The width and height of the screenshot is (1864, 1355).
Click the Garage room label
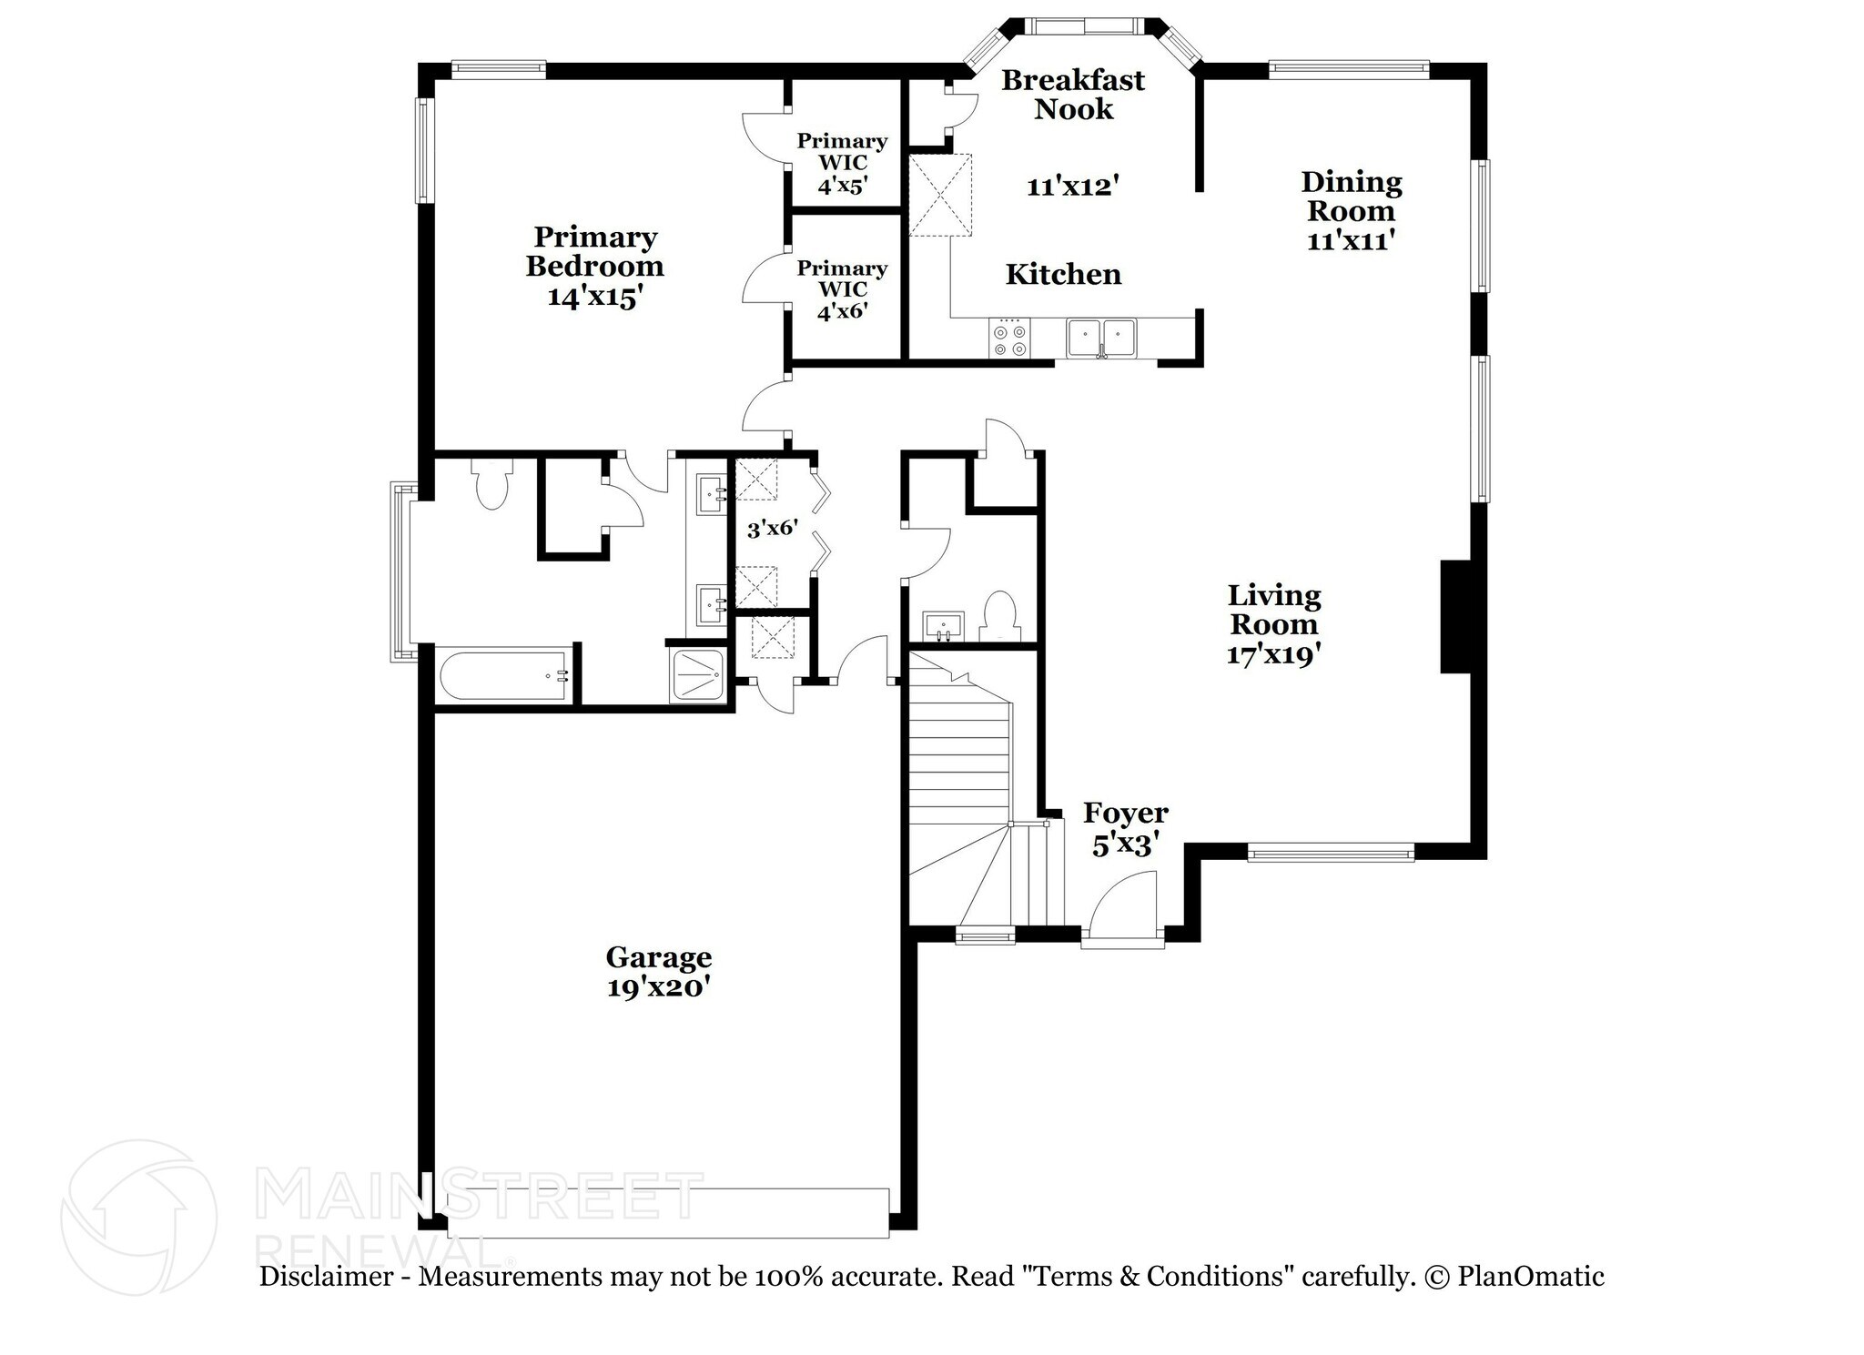[x=658, y=957]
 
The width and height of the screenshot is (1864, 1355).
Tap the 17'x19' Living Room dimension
[x=1272, y=654]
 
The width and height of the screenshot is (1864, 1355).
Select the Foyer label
[x=1125, y=813]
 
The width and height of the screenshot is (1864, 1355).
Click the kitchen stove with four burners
[x=1008, y=339]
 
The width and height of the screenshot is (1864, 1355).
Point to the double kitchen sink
[x=1101, y=339]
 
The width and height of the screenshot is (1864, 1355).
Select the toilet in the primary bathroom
[x=491, y=485]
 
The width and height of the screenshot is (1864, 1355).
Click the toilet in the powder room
[x=1000, y=617]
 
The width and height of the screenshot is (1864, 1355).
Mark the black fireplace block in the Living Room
[x=1455, y=616]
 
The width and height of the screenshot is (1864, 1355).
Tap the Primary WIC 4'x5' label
[x=842, y=163]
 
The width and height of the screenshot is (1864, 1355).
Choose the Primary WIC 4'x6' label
[x=842, y=289]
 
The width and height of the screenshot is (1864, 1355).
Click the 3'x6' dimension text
[x=772, y=528]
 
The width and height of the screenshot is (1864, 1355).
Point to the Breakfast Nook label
[x=1073, y=94]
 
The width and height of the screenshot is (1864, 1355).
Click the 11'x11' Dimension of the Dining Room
[x=1351, y=241]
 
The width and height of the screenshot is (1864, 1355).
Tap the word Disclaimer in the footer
[x=325, y=1277]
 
